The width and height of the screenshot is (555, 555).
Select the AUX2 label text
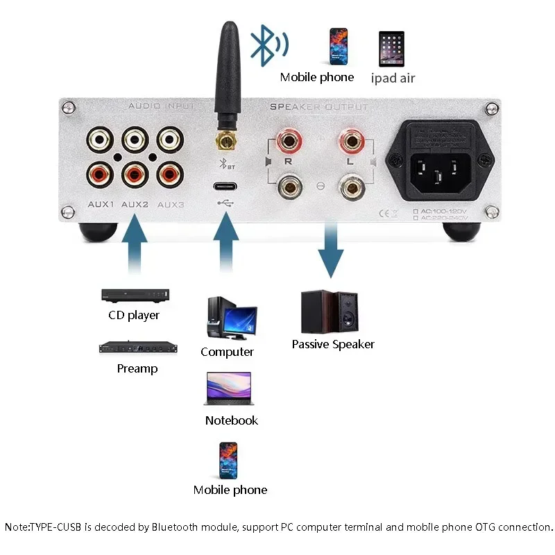pos(135,205)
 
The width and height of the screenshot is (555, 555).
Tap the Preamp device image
pos(136,347)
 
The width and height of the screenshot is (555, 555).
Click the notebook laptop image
pos(228,389)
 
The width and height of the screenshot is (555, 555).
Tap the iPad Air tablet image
pos(392,48)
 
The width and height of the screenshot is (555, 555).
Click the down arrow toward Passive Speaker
pos(332,250)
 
